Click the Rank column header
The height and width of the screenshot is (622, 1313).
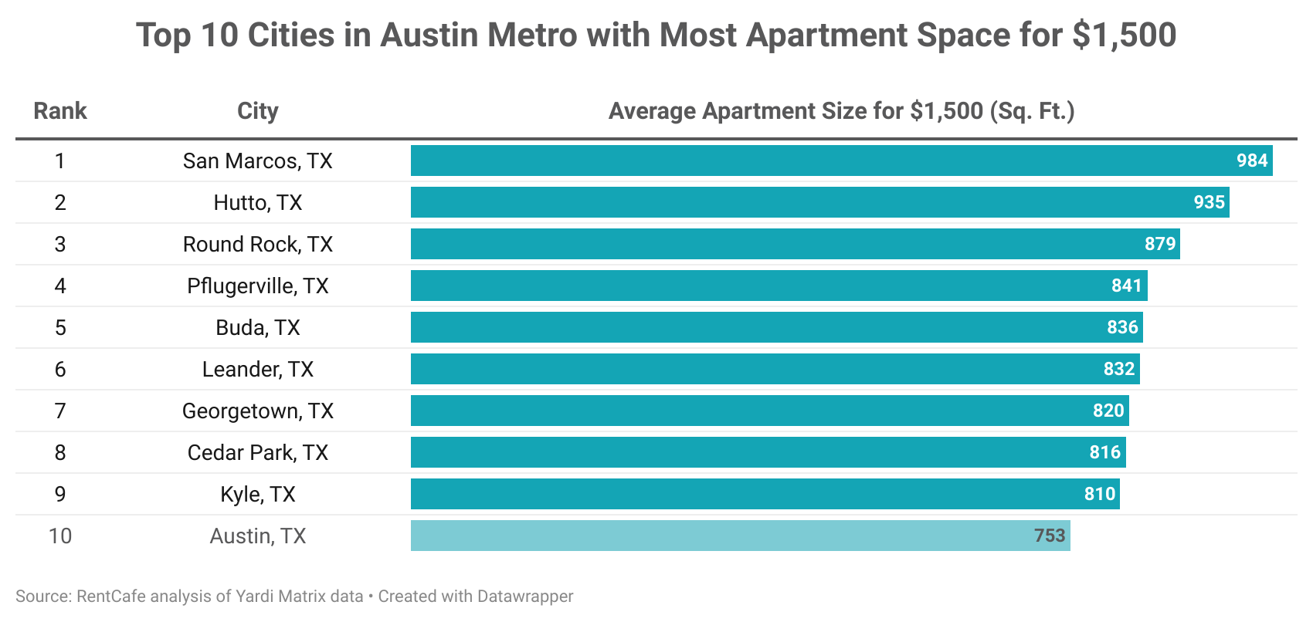point(60,111)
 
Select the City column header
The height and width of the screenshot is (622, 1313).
point(257,111)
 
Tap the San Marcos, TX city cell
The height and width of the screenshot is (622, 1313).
point(257,161)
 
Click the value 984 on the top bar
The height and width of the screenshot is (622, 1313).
point(1252,161)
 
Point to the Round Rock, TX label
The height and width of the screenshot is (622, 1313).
point(257,244)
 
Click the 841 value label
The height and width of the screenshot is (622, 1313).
point(1126,286)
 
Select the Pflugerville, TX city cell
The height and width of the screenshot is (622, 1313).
point(257,286)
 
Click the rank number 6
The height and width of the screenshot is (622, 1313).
point(60,369)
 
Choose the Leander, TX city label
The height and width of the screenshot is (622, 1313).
point(257,369)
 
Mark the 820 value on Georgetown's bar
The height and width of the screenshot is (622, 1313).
point(1108,411)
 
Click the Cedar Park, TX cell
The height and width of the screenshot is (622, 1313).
point(257,452)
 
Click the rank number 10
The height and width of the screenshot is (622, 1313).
point(60,536)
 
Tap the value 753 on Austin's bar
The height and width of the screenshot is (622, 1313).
point(1050,536)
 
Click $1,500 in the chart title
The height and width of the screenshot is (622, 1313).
point(1125,35)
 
